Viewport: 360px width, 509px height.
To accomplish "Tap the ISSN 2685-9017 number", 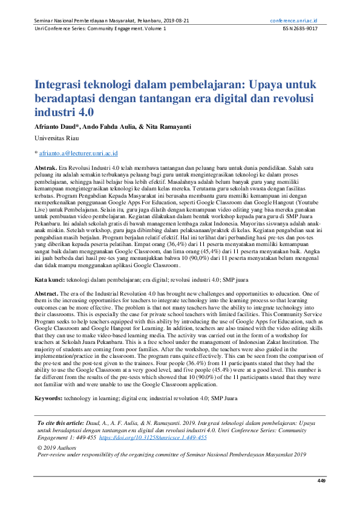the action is click(305, 29).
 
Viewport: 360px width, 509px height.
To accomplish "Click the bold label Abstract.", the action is click(47, 293).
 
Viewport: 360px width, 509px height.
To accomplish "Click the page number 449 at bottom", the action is click(321, 481).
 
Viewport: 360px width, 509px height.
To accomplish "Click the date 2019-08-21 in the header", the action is click(174, 21).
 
